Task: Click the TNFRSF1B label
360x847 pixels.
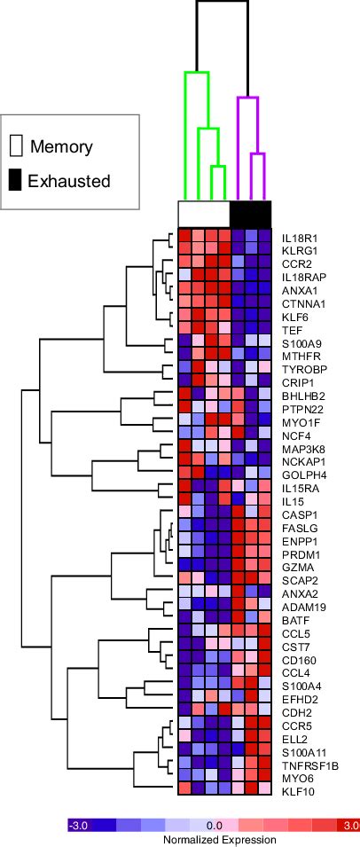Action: pyautogui.click(x=307, y=764)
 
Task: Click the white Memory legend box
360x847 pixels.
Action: pyautogui.click(x=15, y=146)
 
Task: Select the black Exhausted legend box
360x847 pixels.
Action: pyautogui.click(x=15, y=181)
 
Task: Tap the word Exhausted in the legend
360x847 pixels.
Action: pyautogui.click(x=69, y=182)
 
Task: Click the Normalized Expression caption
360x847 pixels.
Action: pyautogui.click(x=213, y=839)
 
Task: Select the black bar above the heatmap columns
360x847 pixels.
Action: pyautogui.click(x=250, y=214)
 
